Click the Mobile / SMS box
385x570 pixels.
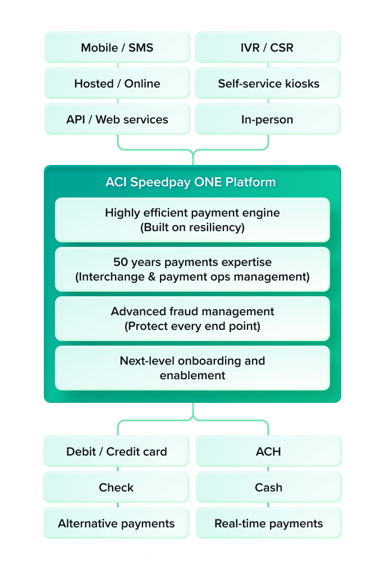(117, 47)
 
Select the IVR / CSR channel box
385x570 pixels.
(267, 47)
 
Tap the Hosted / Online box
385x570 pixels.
(117, 84)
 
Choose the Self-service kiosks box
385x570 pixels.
(267, 84)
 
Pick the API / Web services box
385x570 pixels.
(117, 119)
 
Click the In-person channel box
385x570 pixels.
(267, 119)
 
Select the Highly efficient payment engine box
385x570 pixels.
(192, 220)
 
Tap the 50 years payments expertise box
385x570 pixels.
(192, 269)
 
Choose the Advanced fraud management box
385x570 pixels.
(192, 319)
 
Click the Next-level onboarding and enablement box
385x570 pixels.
(192, 368)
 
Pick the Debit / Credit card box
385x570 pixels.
(117, 452)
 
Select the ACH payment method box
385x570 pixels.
(268, 452)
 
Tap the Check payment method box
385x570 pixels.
(117, 488)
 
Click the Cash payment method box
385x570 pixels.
(268, 488)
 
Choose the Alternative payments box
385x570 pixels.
(117, 523)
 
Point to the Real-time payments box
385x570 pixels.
(268, 523)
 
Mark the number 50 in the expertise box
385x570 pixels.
(121, 262)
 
